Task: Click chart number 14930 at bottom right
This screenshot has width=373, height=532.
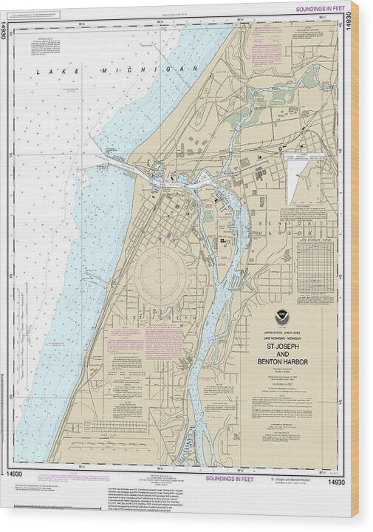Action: point(336,482)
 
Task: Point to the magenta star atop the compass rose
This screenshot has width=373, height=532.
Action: point(160,239)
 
